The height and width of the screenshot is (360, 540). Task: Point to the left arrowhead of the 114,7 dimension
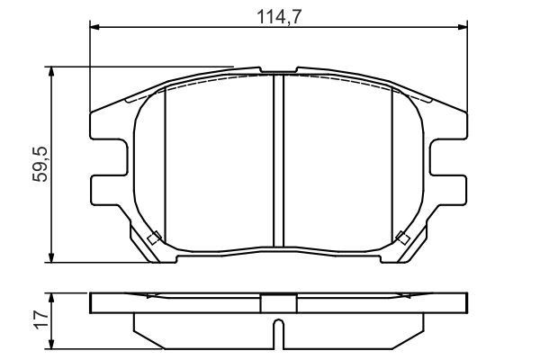(95, 28)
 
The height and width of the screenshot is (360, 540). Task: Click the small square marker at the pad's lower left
(154, 238)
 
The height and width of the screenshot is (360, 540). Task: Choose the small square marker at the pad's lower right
(401, 238)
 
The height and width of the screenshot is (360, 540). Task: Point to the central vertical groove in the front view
(278, 162)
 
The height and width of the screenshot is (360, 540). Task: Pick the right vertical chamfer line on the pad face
(392, 162)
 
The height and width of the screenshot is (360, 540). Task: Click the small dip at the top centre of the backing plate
(278, 70)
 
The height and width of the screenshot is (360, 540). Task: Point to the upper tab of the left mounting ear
(105, 126)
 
